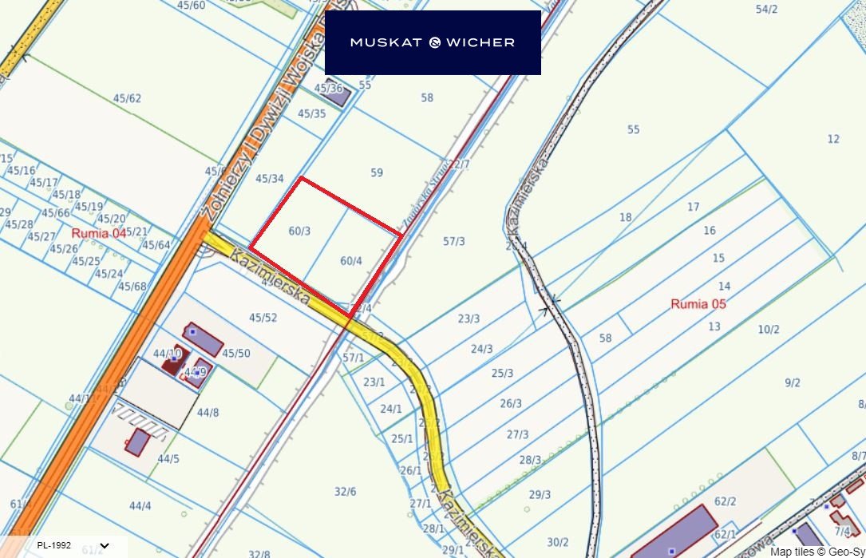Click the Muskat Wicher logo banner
433,42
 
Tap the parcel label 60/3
299,231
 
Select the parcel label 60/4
351,260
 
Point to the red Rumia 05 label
698,304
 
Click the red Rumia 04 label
99,233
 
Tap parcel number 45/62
127,99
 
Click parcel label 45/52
263,318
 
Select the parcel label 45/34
270,178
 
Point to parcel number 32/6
346,491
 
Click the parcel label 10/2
769,329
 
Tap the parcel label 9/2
792,383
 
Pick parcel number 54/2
766,10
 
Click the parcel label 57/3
454,241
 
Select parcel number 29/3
540,495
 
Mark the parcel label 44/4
140,505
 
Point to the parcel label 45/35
311,113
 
